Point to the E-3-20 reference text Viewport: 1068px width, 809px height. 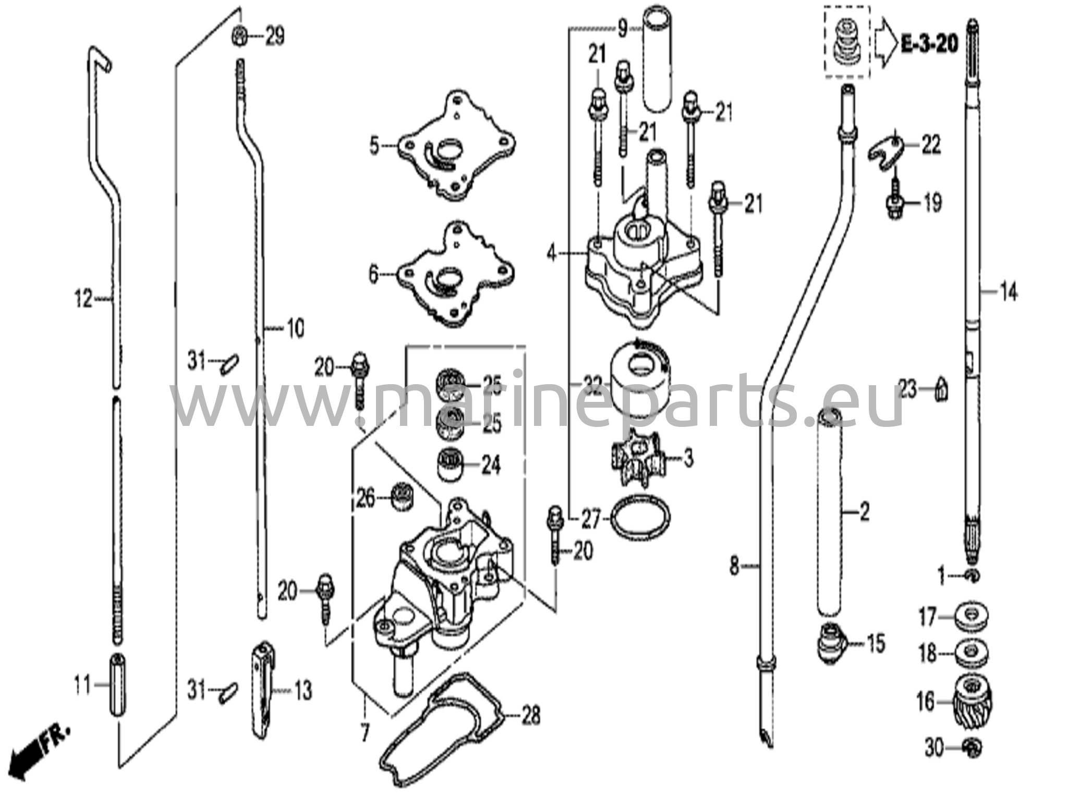(930, 44)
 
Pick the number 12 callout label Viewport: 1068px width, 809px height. (83, 299)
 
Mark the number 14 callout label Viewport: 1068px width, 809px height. (1008, 293)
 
